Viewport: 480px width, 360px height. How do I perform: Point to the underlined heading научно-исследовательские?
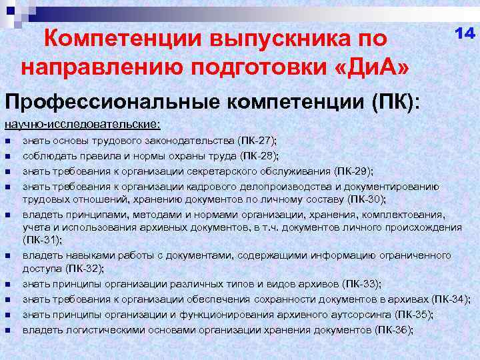tap(82, 124)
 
